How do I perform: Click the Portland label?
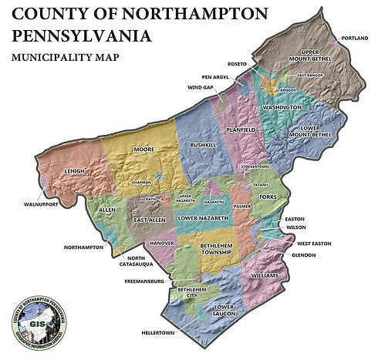pyautogui.click(x=356, y=38)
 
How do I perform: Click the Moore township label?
pyautogui.click(x=144, y=149)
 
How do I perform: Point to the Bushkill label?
pyautogui.click(x=203, y=144)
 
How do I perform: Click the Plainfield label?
pyautogui.click(x=239, y=130)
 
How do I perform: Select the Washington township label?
pyautogui.click(x=281, y=106)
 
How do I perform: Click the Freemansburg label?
pyautogui.click(x=145, y=282)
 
